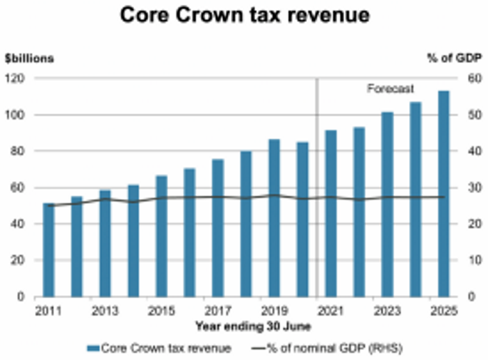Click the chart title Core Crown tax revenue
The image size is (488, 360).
click(244, 15)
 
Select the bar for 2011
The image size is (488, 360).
click(48, 250)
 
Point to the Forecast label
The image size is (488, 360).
click(390, 89)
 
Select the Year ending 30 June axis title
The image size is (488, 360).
click(243, 326)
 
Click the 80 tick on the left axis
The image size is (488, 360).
click(17, 151)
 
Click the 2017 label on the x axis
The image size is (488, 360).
click(218, 312)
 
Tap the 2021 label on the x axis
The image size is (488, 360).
click(331, 312)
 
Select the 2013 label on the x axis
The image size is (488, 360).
click(105, 312)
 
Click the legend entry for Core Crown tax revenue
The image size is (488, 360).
click(165, 348)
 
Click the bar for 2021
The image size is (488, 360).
click(331, 213)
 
